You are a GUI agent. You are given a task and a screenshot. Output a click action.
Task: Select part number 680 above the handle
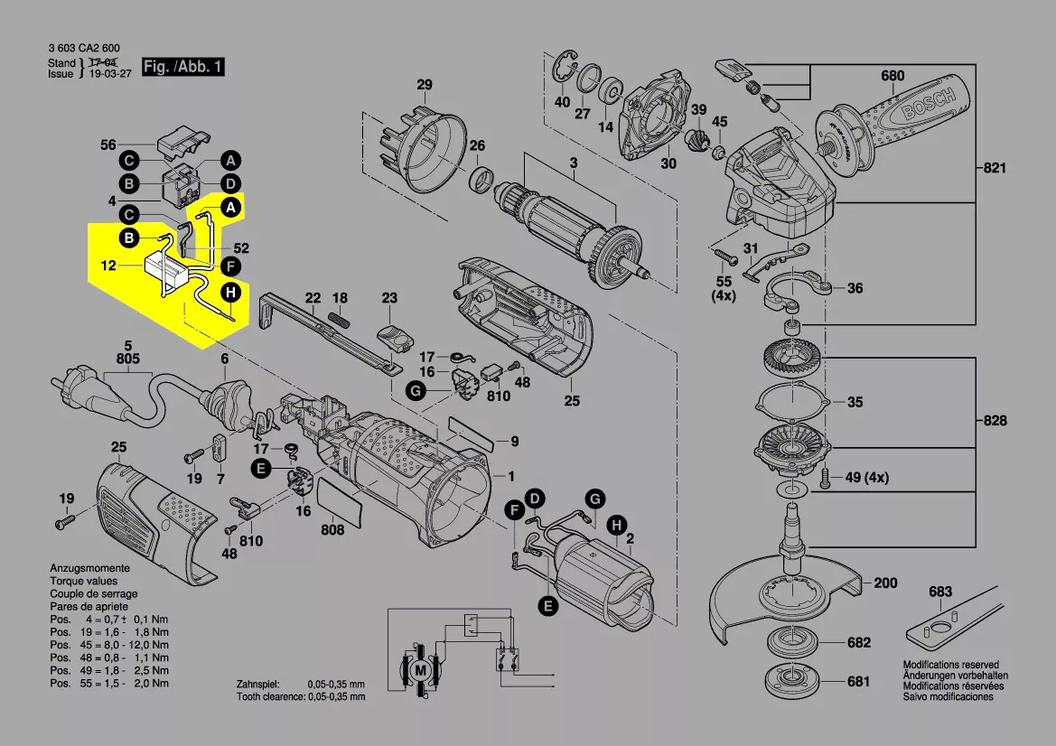892,76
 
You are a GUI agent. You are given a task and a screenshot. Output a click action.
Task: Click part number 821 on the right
994,168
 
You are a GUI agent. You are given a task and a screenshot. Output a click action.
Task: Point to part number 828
994,421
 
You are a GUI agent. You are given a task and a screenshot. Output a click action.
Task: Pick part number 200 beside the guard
885,583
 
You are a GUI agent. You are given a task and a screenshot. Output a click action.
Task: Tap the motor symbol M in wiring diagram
420,670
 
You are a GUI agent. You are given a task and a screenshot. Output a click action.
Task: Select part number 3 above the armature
572,163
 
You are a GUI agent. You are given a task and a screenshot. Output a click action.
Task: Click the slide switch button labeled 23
395,336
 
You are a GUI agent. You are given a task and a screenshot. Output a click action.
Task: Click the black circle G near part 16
415,391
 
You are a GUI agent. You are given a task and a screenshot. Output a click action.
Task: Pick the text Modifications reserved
951,665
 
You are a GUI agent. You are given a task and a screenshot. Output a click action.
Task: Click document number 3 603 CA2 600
84,48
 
